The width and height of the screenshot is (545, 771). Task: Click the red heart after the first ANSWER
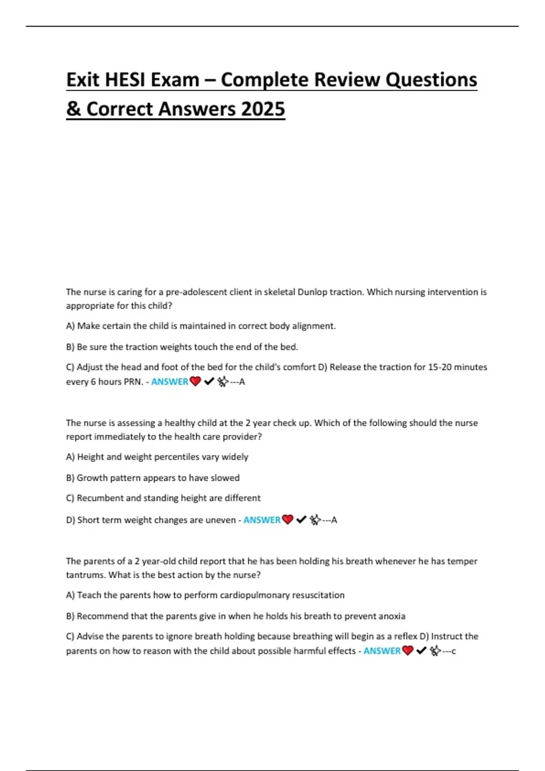coord(195,382)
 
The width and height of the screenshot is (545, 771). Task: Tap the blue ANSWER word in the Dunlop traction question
coord(169,382)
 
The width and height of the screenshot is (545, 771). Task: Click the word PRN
coord(134,382)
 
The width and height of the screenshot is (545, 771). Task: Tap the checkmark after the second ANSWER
coord(301,520)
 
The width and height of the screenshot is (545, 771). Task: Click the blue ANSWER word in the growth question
coord(262,520)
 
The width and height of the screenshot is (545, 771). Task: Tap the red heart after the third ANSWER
coord(408,651)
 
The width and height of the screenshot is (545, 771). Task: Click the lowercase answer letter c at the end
coord(453,651)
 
